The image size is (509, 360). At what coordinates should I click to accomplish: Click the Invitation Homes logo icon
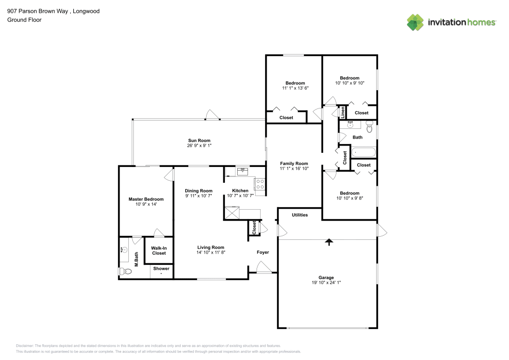415,22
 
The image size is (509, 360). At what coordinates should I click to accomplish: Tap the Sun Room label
199,141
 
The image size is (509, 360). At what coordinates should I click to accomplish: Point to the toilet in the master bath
125,272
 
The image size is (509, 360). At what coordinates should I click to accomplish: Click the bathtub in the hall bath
363,152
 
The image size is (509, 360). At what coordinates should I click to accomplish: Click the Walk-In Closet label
159,251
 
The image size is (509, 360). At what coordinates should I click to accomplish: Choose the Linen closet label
343,112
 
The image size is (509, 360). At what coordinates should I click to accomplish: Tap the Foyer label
263,252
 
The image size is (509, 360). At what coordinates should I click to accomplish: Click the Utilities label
300,215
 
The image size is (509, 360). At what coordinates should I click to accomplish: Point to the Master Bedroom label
146,199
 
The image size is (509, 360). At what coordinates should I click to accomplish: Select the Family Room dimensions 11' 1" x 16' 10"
294,169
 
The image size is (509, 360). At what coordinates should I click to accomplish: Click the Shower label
161,268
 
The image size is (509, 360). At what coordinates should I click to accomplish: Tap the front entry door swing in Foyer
263,268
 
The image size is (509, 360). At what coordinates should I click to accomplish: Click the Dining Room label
199,190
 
